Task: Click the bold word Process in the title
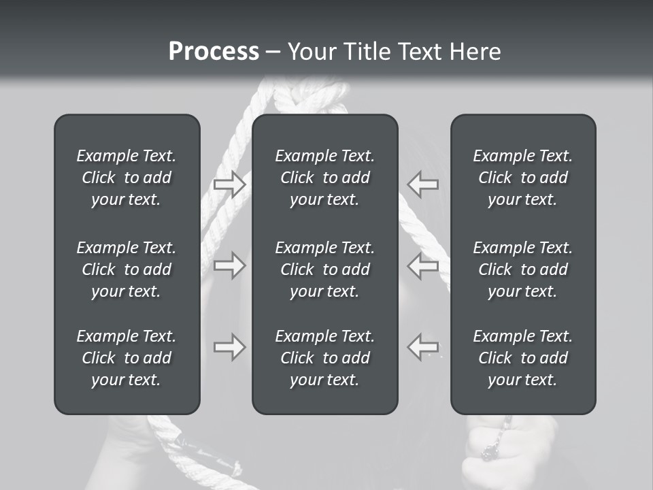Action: pyautogui.click(x=214, y=52)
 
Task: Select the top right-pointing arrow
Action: pyautogui.click(x=229, y=184)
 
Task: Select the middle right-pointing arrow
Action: pyautogui.click(x=229, y=265)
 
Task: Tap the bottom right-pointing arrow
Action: pyautogui.click(x=229, y=347)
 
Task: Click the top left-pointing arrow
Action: pyautogui.click(x=423, y=184)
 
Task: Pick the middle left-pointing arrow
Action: pyautogui.click(x=423, y=265)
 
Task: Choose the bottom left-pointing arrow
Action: pyautogui.click(x=423, y=347)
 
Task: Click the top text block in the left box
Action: pyautogui.click(x=127, y=178)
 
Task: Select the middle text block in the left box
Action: pyautogui.click(x=127, y=269)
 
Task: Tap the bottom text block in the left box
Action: pyautogui.click(x=127, y=358)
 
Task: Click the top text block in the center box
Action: pyautogui.click(x=324, y=178)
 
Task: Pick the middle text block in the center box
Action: pyautogui.click(x=324, y=269)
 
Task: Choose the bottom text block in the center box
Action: pyautogui.click(x=324, y=358)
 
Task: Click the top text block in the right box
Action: pyautogui.click(x=522, y=178)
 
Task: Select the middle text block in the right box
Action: pyautogui.click(x=522, y=269)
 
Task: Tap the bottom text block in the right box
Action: pyautogui.click(x=522, y=358)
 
